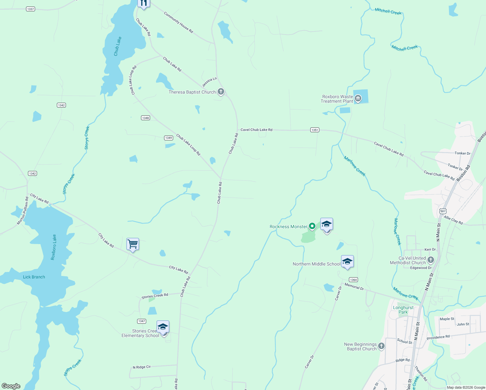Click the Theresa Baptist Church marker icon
coord(221,92)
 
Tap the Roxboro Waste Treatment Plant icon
coord(358,98)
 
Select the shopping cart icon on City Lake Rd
coord(133,244)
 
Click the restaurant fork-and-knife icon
coord(143,3)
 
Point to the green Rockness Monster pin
coord(312,226)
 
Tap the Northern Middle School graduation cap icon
coord(347,262)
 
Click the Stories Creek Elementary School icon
coord(163,327)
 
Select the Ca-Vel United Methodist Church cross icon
coord(430,260)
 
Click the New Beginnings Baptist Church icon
coord(381,346)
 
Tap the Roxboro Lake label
coord(54,247)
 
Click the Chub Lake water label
coord(118,46)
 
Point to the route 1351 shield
coord(314,130)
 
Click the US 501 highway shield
coord(442,211)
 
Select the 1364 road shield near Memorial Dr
coord(353,279)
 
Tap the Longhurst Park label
coord(403,310)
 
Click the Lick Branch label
coord(34,277)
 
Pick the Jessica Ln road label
coord(209,82)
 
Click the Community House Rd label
coord(178,22)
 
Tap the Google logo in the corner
coord(11,386)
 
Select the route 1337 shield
coord(31,9)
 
